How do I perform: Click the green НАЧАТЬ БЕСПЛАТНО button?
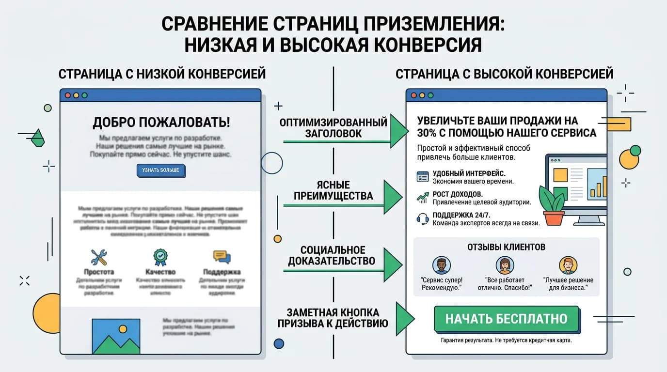click(506, 319)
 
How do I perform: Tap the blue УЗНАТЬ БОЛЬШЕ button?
click(160, 170)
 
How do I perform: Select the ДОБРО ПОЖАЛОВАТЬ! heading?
click(161, 122)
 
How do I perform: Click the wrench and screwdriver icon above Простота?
click(99, 257)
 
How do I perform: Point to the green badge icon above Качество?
click(160, 256)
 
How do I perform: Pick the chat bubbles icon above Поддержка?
click(222, 257)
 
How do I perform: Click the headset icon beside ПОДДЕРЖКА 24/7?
click(423, 219)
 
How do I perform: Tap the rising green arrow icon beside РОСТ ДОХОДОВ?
click(423, 197)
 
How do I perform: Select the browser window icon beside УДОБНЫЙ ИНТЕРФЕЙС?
click(423, 177)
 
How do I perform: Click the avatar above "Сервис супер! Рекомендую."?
click(441, 265)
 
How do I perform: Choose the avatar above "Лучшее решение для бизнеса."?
click(568, 265)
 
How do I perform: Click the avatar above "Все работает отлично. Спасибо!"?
click(505, 265)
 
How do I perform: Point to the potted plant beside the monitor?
click(553, 206)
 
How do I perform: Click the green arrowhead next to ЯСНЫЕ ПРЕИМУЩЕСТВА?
click(393, 196)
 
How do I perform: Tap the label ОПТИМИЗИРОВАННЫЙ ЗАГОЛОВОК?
click(333, 128)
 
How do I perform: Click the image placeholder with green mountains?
click(116, 336)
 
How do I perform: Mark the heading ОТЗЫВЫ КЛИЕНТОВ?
click(506, 247)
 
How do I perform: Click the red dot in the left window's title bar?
click(68, 95)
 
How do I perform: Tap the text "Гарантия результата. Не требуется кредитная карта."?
click(506, 341)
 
